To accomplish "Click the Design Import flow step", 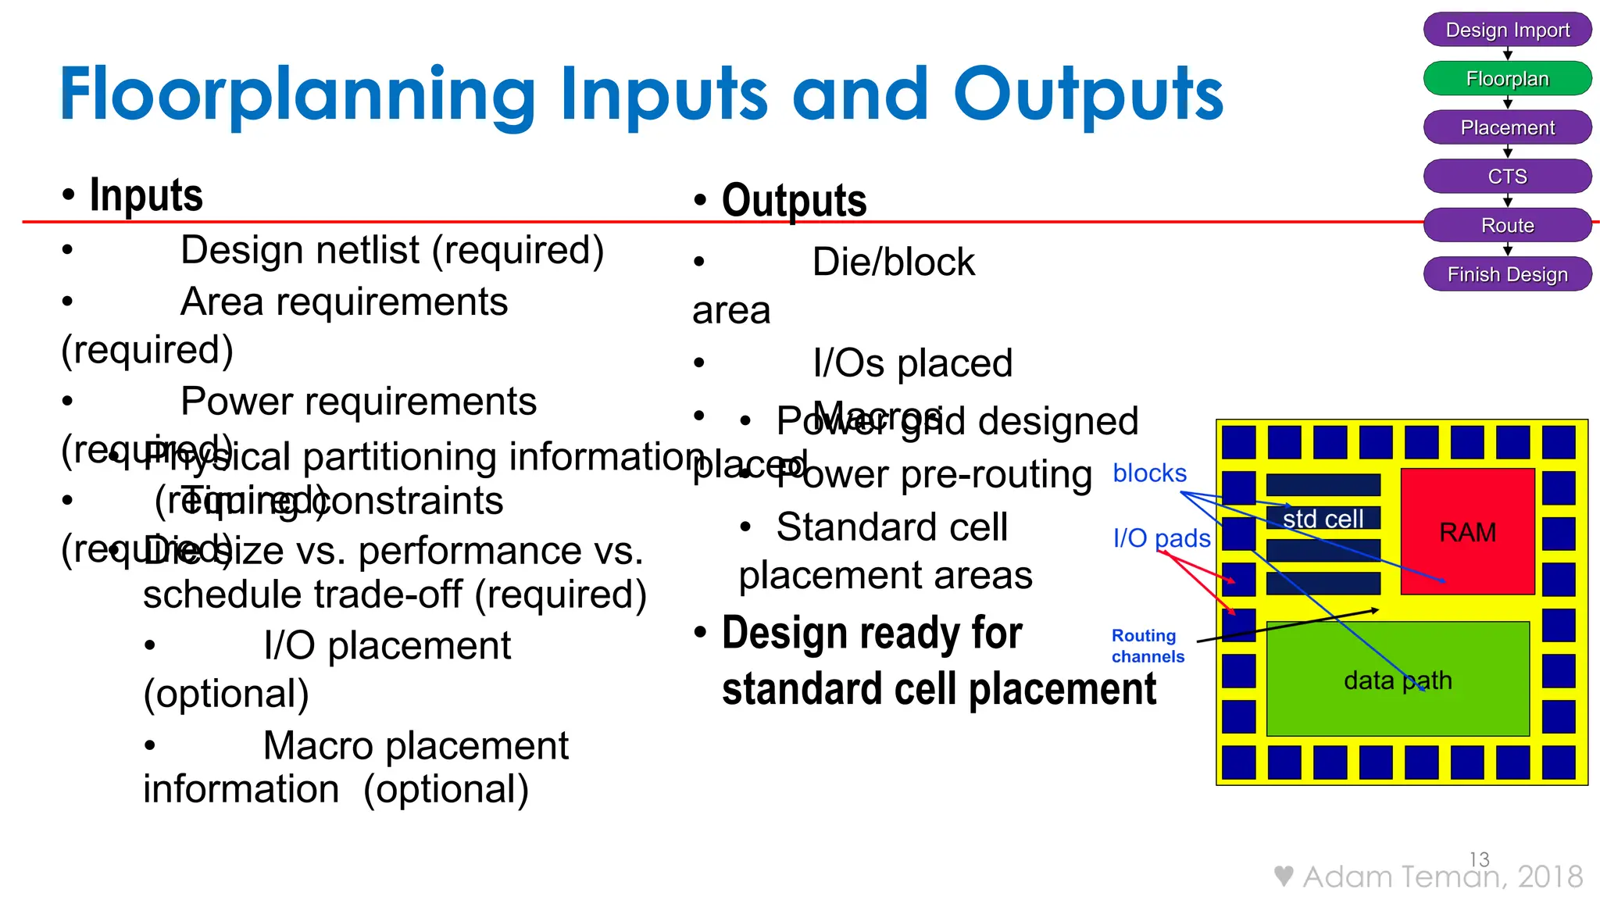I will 1507,30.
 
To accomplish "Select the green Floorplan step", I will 1507,79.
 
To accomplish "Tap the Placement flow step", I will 1507,127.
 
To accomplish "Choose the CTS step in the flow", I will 1507,177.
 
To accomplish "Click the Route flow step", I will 1507,226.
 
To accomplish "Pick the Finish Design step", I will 1507,274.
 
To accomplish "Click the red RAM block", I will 1467,532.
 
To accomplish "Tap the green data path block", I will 1397,680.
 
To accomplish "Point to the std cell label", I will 1323,519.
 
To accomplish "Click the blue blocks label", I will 1149,473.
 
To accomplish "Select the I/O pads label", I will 1162,537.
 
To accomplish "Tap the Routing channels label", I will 1147,646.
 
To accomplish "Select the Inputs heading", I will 146,195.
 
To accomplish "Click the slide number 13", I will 1479,859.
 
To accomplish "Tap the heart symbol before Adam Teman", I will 1283,876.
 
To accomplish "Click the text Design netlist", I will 301,251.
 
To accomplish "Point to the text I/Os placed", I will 912,363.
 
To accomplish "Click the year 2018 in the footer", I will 1550,877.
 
